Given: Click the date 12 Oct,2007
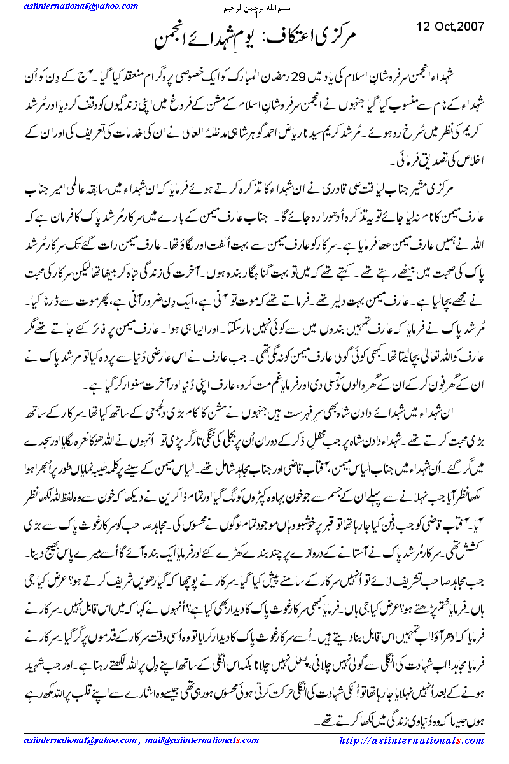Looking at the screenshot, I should pyautogui.click(x=450, y=27).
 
